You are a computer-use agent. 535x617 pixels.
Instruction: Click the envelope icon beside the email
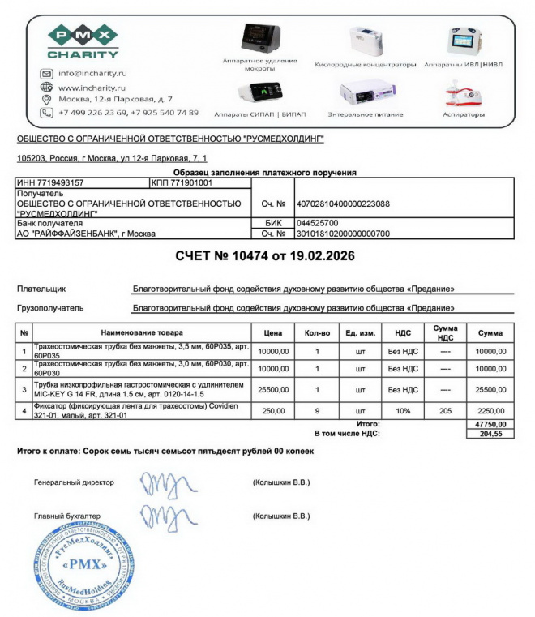[x=46, y=74]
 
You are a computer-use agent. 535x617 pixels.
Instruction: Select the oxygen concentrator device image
[x=366, y=41]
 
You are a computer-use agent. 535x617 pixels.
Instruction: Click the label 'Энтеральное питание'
[x=365, y=114]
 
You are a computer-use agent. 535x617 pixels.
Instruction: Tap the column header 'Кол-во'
[x=317, y=332]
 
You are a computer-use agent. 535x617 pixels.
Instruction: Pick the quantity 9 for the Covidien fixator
[x=317, y=411]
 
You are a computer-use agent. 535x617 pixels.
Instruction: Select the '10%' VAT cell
[x=403, y=411]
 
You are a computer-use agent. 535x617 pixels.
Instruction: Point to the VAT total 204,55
[x=492, y=434]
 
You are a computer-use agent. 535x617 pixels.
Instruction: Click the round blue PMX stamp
[x=82, y=565]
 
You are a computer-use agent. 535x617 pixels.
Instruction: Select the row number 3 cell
[x=24, y=389]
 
